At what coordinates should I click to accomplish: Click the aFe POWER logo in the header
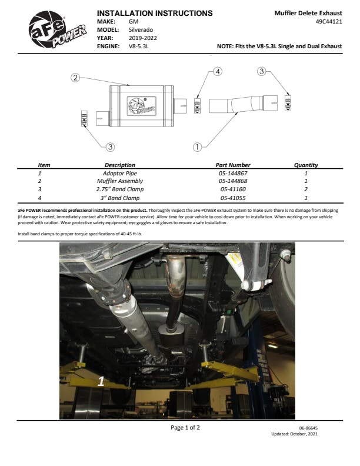57,29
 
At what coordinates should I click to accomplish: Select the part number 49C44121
329,22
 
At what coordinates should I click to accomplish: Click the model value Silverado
141,30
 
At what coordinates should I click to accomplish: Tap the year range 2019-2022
142,38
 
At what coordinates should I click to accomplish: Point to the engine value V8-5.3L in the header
139,46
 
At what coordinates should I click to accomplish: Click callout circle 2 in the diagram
75,78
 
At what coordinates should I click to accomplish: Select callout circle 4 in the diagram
218,72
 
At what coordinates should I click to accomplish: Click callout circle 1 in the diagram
197,147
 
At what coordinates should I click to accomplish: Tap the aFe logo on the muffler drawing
141,105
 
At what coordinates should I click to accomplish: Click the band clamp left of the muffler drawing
84,118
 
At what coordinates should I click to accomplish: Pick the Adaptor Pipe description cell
119,173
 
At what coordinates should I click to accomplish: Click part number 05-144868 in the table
233,181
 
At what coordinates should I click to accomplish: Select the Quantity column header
306,165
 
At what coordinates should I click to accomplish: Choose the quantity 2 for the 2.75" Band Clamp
306,189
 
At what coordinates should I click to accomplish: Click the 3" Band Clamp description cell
119,198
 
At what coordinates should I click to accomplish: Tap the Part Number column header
233,165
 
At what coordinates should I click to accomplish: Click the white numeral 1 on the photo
101,381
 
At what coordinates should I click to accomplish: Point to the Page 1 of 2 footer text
185,428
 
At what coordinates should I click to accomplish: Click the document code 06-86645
308,428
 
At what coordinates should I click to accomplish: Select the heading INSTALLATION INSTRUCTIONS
155,14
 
